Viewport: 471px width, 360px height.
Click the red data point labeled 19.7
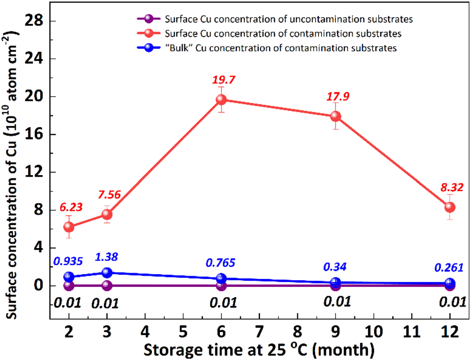click(x=221, y=100)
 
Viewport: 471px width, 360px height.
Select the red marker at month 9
click(x=335, y=116)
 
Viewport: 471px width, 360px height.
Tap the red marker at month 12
click(x=449, y=207)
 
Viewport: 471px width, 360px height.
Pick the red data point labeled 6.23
click(x=69, y=227)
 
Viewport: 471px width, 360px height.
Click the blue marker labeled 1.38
click(x=107, y=273)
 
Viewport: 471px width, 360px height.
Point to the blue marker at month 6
click(x=221, y=279)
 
